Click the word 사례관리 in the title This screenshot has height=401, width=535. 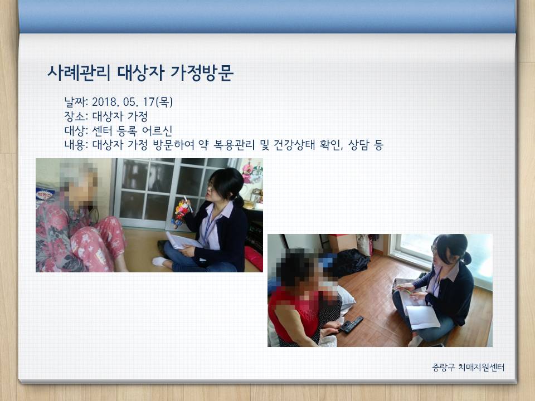click(x=79, y=72)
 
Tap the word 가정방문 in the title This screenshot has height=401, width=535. click(x=202, y=72)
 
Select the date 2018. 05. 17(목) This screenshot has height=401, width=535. click(x=133, y=101)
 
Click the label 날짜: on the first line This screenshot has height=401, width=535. click(x=76, y=101)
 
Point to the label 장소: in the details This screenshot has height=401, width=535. click(x=76, y=116)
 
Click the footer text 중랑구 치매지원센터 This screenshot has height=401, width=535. click(x=468, y=367)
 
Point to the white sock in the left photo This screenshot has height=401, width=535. click(x=160, y=261)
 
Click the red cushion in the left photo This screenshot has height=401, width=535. click(x=253, y=258)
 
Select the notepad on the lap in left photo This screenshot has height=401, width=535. click(x=183, y=241)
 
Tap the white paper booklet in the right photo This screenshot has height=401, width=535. click(x=422, y=317)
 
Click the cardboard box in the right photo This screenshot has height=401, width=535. click(x=343, y=243)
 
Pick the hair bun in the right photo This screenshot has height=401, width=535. click(x=466, y=258)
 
